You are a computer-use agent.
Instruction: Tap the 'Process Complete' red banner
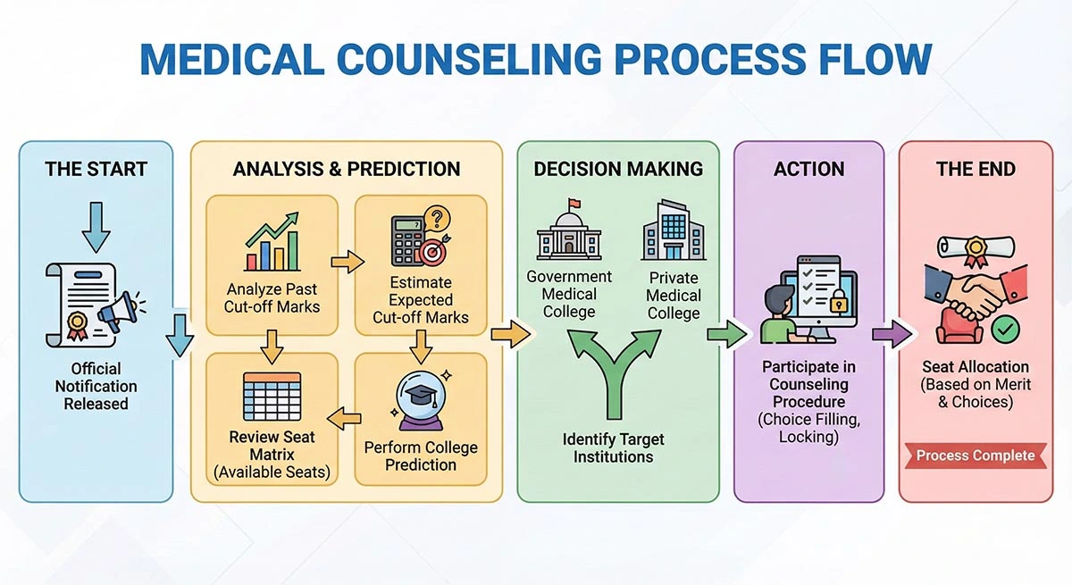tap(976, 455)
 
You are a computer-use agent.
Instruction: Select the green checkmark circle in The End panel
tap(1006, 330)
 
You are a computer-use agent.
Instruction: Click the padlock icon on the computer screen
tap(838, 304)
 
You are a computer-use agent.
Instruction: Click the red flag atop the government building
tap(573, 205)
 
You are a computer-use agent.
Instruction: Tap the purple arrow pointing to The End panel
tap(892, 335)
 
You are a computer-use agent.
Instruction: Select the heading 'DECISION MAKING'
tap(618, 169)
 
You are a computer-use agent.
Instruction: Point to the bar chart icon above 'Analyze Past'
tap(272, 242)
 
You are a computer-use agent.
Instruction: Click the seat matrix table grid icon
tap(272, 397)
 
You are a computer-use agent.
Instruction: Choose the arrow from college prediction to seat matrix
tap(346, 415)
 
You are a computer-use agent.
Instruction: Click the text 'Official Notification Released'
tap(96, 386)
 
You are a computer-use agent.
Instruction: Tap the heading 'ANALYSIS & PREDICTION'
tap(347, 169)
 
